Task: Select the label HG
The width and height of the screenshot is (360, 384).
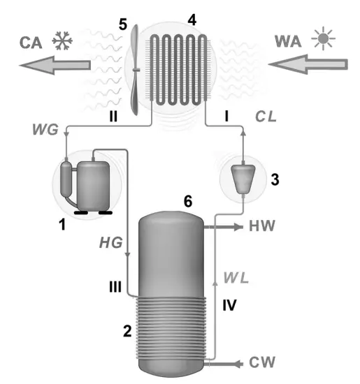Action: point(111,244)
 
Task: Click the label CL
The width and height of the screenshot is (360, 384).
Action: point(266,117)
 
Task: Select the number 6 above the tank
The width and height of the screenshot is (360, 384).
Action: point(187,200)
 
